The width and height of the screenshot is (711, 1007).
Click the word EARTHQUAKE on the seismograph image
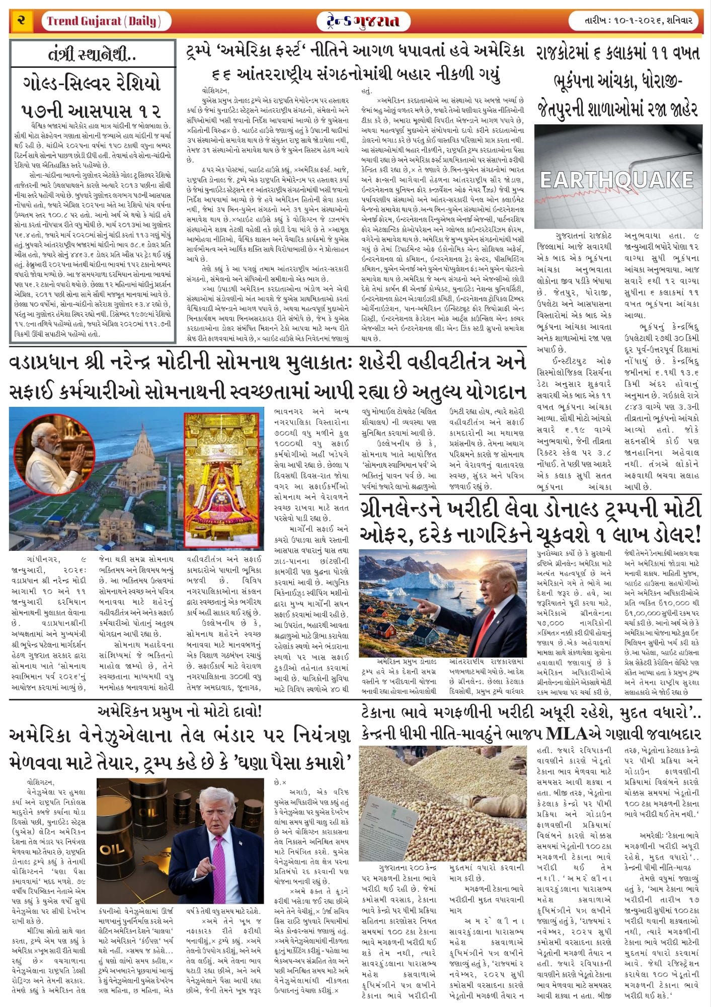pyautogui.click(x=616, y=179)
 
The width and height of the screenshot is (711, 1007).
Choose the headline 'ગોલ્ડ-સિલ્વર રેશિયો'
pyautogui.click(x=93, y=83)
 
